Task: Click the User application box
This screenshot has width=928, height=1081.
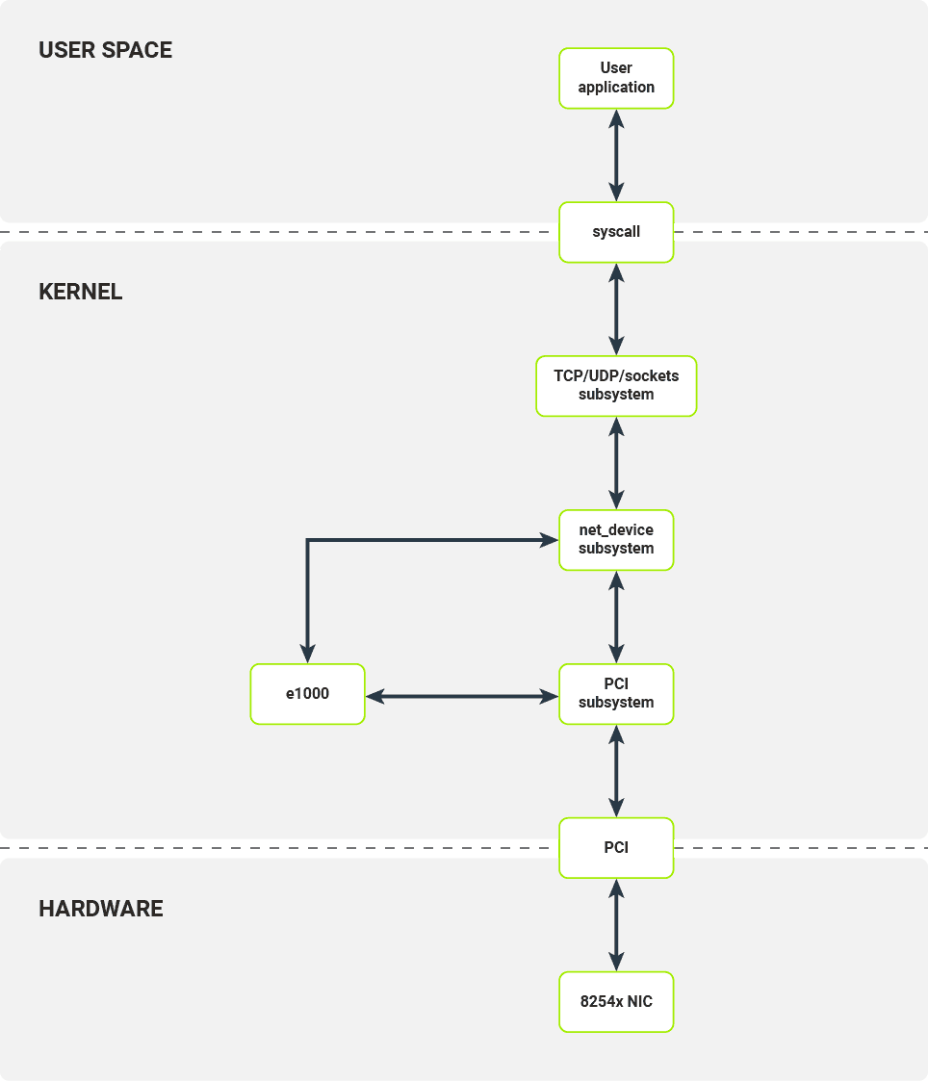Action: coord(616,78)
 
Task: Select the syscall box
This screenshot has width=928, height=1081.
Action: coord(616,232)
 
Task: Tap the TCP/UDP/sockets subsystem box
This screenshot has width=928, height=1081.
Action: coord(616,386)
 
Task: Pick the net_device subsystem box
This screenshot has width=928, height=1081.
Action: coord(616,540)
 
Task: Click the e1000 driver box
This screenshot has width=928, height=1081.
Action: coord(307,694)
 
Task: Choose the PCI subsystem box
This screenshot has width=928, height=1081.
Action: coord(616,694)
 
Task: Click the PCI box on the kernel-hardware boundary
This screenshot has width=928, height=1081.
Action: coord(616,848)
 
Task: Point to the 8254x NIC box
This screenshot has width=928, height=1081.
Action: coord(616,1002)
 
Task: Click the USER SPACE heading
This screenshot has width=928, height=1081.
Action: coord(105,51)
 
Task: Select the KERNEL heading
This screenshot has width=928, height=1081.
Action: coord(81,292)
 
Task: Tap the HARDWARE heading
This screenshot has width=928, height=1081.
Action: coord(101,908)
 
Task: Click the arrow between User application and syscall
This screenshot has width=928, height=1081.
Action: coord(616,155)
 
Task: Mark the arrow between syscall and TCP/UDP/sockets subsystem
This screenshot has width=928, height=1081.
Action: coord(616,309)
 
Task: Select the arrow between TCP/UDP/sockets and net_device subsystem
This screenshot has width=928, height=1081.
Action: coord(616,463)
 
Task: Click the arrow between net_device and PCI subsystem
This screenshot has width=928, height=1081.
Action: coord(616,617)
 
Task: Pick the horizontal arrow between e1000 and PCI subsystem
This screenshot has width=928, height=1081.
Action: coord(462,694)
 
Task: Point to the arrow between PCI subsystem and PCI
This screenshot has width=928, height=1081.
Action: coord(616,771)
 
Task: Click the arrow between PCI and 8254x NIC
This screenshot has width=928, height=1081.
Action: coord(616,925)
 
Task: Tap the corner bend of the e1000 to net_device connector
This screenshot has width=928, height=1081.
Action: coord(308,541)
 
